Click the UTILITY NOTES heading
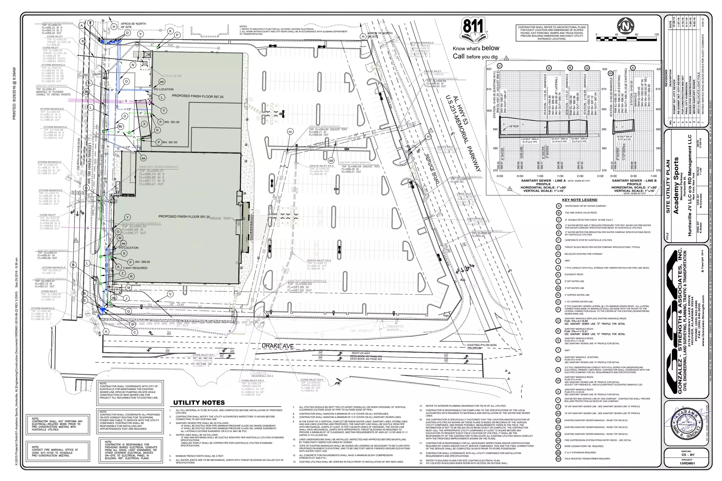coord(199,402)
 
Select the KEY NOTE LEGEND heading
coord(580,200)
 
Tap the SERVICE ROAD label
coord(432,169)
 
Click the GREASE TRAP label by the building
coord(221,218)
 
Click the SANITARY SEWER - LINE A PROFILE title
coord(543,182)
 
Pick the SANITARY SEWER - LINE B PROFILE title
coord(634,182)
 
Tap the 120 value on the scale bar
coord(656,35)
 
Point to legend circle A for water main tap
coord(558,206)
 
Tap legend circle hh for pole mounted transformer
coord(558,459)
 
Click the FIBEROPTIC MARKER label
coord(395,328)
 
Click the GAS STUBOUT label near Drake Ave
coord(361,331)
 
